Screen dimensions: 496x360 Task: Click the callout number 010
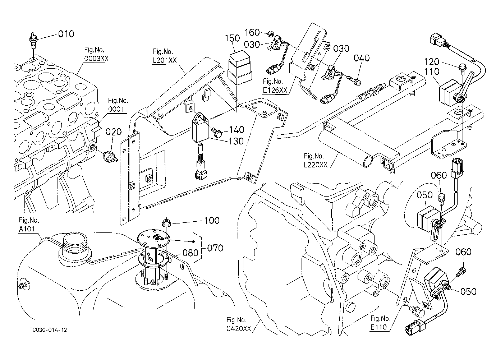tap(66, 34)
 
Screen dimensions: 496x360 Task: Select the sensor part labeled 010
tap(33, 41)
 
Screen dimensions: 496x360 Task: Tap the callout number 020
tap(113, 132)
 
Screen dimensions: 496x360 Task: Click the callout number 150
tap(232, 38)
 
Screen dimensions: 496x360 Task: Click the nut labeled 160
tap(270, 34)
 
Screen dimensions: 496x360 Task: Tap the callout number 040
tap(362, 58)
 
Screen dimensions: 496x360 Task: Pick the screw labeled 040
tap(353, 80)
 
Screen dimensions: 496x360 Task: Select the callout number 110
tap(432, 71)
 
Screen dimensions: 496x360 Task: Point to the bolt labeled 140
tap(217, 132)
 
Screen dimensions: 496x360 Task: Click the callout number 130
tap(236, 141)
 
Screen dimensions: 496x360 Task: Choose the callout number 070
tap(215, 248)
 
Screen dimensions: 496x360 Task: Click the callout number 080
tap(190, 253)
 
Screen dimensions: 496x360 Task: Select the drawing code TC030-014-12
tap(48, 330)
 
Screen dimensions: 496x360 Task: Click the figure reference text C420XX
tap(239, 329)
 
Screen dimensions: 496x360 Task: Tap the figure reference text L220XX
tap(316, 165)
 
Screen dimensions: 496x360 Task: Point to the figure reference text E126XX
tap(275, 90)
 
